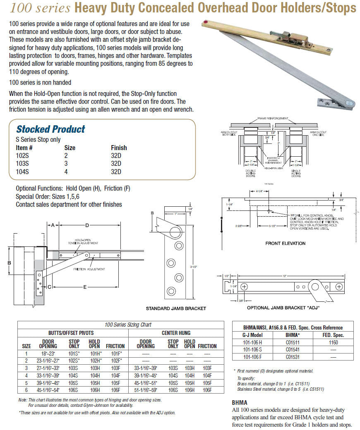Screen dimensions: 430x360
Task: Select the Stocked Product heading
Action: click(50, 129)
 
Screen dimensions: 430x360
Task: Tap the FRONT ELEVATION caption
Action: click(285, 243)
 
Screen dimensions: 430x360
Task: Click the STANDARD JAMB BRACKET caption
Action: click(176, 308)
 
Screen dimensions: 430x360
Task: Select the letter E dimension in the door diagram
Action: click(84, 286)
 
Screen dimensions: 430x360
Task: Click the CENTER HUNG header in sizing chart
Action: click(175, 332)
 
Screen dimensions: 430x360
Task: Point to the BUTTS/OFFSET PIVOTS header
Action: click(71, 332)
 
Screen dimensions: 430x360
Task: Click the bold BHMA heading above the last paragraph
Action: click(240, 402)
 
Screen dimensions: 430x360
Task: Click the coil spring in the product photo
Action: click(275, 33)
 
